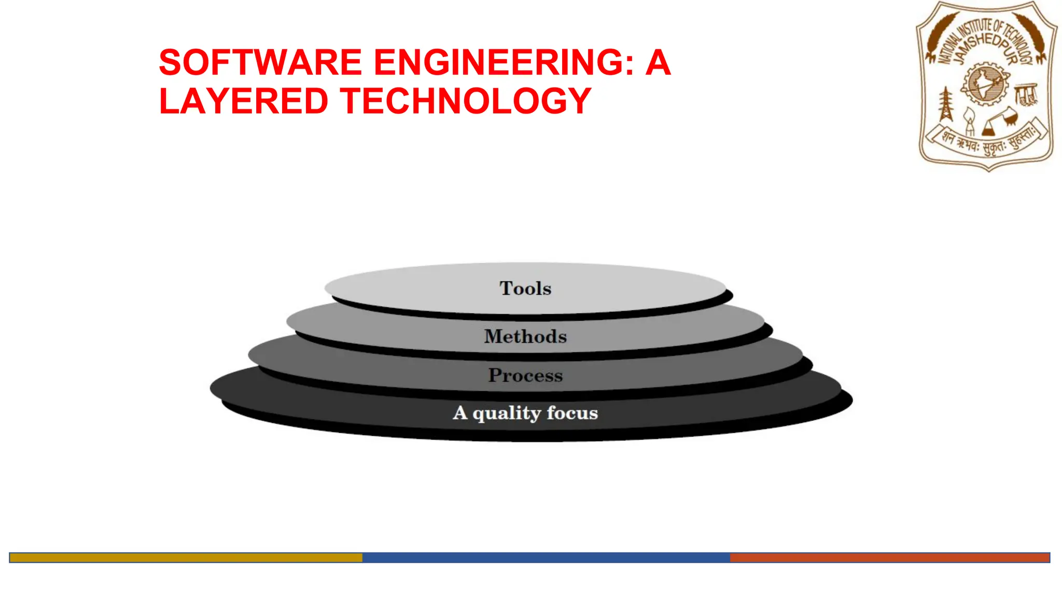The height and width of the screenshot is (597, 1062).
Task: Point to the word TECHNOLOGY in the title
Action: [466, 101]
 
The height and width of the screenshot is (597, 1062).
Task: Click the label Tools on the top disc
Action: [525, 289]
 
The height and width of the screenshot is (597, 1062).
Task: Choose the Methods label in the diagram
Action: [525, 336]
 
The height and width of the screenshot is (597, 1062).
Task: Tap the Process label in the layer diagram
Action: [525, 375]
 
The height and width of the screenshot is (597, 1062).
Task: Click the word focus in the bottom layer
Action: [572, 413]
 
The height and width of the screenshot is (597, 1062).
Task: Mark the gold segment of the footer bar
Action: [186, 558]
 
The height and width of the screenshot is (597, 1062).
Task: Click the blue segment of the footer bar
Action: [546, 558]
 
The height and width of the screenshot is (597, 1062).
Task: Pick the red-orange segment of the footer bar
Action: [890, 558]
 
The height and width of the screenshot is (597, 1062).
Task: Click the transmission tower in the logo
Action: [946, 104]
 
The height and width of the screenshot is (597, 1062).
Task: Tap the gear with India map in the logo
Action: [985, 83]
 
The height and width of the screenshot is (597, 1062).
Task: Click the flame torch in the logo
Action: [969, 122]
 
